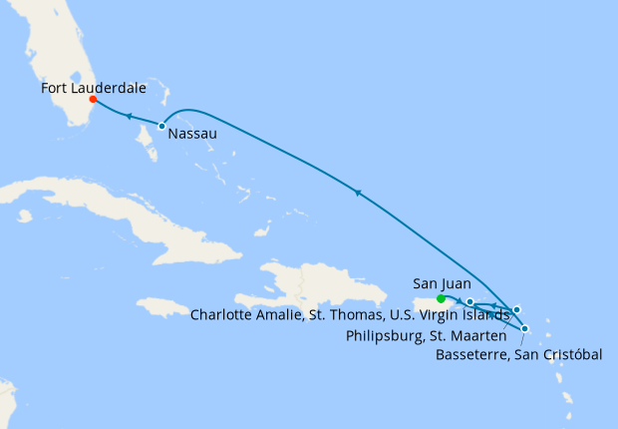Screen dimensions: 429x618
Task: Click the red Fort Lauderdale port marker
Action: [92, 99]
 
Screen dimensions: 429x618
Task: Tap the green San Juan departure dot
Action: [442, 298]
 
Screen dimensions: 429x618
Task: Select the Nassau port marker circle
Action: [161, 126]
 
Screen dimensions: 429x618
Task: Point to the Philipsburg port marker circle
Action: [516, 310]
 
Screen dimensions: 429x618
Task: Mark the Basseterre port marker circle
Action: [525, 328]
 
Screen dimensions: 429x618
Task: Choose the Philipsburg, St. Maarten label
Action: [424, 335]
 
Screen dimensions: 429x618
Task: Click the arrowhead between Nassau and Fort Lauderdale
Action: [129, 117]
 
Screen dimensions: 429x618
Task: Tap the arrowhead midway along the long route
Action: [357, 191]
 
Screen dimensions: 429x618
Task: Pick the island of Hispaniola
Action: [319, 289]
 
